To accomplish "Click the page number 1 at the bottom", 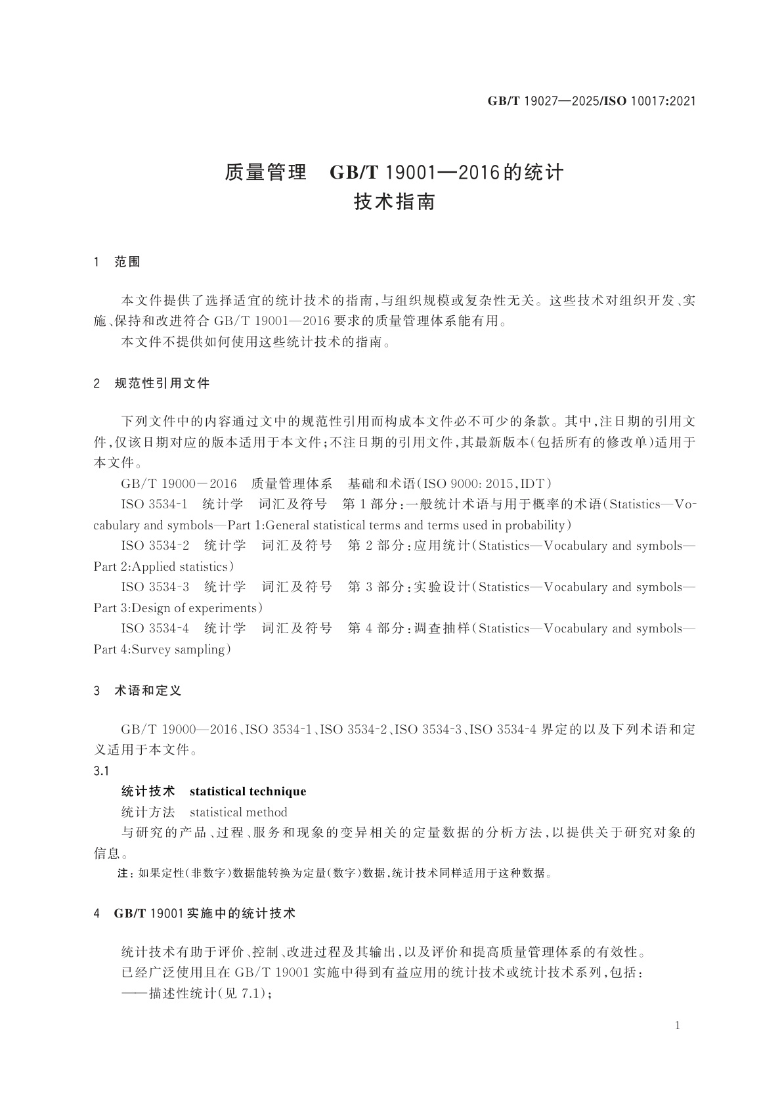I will pos(678,1026).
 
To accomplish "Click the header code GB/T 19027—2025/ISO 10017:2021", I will pos(591,101).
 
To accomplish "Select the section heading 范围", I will pos(127,261).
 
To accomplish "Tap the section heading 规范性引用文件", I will pos(162,383).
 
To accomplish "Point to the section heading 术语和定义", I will pos(148,690).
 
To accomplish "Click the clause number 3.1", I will pos(101,770).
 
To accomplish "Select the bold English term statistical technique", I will pos(248,791).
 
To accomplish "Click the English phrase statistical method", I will pos(238,812).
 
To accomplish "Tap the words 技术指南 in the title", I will pos(395,202).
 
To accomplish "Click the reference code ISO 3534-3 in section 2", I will pos(155,586).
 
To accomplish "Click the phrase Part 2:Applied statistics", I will pos(163,566).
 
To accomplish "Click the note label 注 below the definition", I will pos(121,874).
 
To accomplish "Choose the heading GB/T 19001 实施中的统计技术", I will pos(204,913).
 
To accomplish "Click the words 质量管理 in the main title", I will pos(265,172).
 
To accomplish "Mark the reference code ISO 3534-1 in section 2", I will pos(154,504).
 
